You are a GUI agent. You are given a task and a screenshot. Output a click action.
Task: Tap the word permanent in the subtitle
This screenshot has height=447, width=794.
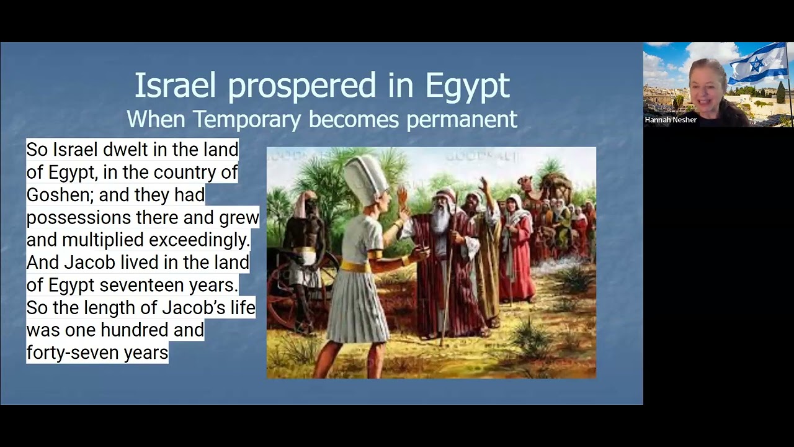462,119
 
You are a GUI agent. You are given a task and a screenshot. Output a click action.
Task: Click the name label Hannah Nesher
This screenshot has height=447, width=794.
671,120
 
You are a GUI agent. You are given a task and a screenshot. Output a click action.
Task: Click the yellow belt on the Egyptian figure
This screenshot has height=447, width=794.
355,265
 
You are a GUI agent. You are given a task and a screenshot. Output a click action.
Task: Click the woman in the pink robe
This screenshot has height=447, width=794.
516,248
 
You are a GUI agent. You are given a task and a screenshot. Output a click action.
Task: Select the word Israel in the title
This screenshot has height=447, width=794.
176,86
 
